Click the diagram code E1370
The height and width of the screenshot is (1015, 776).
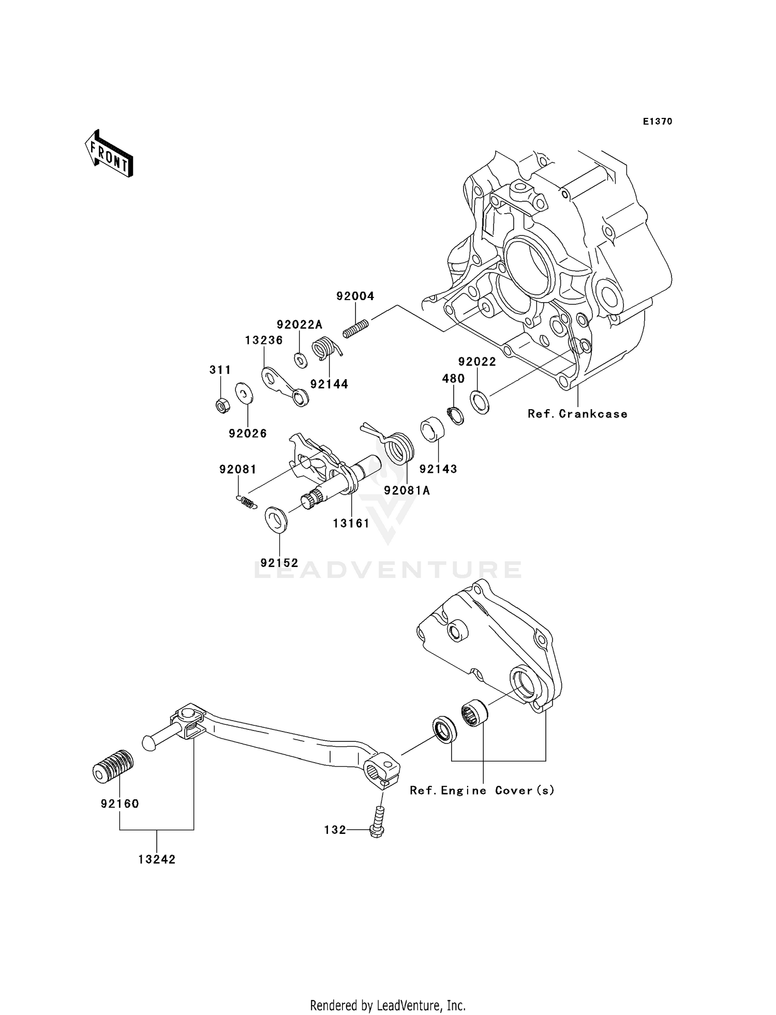tap(658, 122)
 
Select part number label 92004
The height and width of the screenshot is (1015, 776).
tap(355, 296)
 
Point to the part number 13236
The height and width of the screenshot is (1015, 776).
tap(264, 340)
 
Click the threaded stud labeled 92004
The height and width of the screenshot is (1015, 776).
tap(356, 329)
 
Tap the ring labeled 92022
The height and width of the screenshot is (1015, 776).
tap(480, 402)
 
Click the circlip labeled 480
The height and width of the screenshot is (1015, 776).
tap(455, 414)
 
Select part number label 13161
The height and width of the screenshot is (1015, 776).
tap(351, 523)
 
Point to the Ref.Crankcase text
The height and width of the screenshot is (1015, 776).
tap(577, 414)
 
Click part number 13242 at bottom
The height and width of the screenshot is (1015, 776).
tap(157, 859)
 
